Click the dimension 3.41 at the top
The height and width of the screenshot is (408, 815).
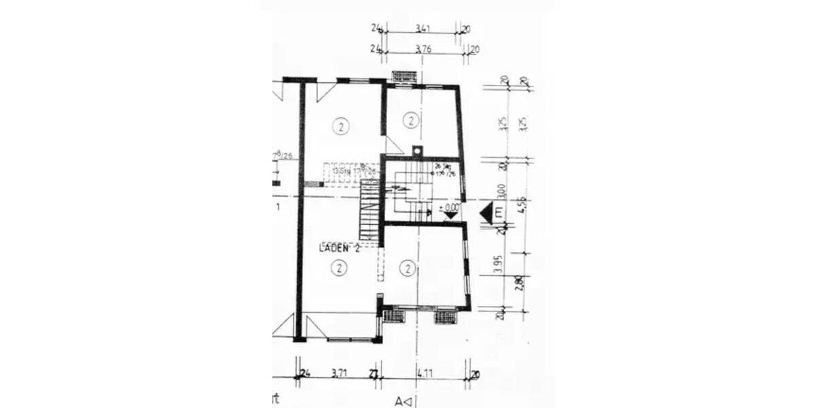424,29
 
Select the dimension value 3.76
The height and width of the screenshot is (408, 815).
424,49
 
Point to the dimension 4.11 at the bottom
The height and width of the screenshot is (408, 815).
425,373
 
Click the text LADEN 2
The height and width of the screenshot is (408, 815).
339,249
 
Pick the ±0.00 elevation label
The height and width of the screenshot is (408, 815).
449,207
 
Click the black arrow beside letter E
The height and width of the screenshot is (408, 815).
486,213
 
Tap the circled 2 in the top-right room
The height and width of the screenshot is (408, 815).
411,121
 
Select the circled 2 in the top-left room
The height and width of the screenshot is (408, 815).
340,126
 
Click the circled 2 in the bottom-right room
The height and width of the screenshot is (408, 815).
407,269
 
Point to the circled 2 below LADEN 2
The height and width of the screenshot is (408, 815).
338,269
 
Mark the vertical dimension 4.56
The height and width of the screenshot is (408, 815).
522,204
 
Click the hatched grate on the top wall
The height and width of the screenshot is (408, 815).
403,75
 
